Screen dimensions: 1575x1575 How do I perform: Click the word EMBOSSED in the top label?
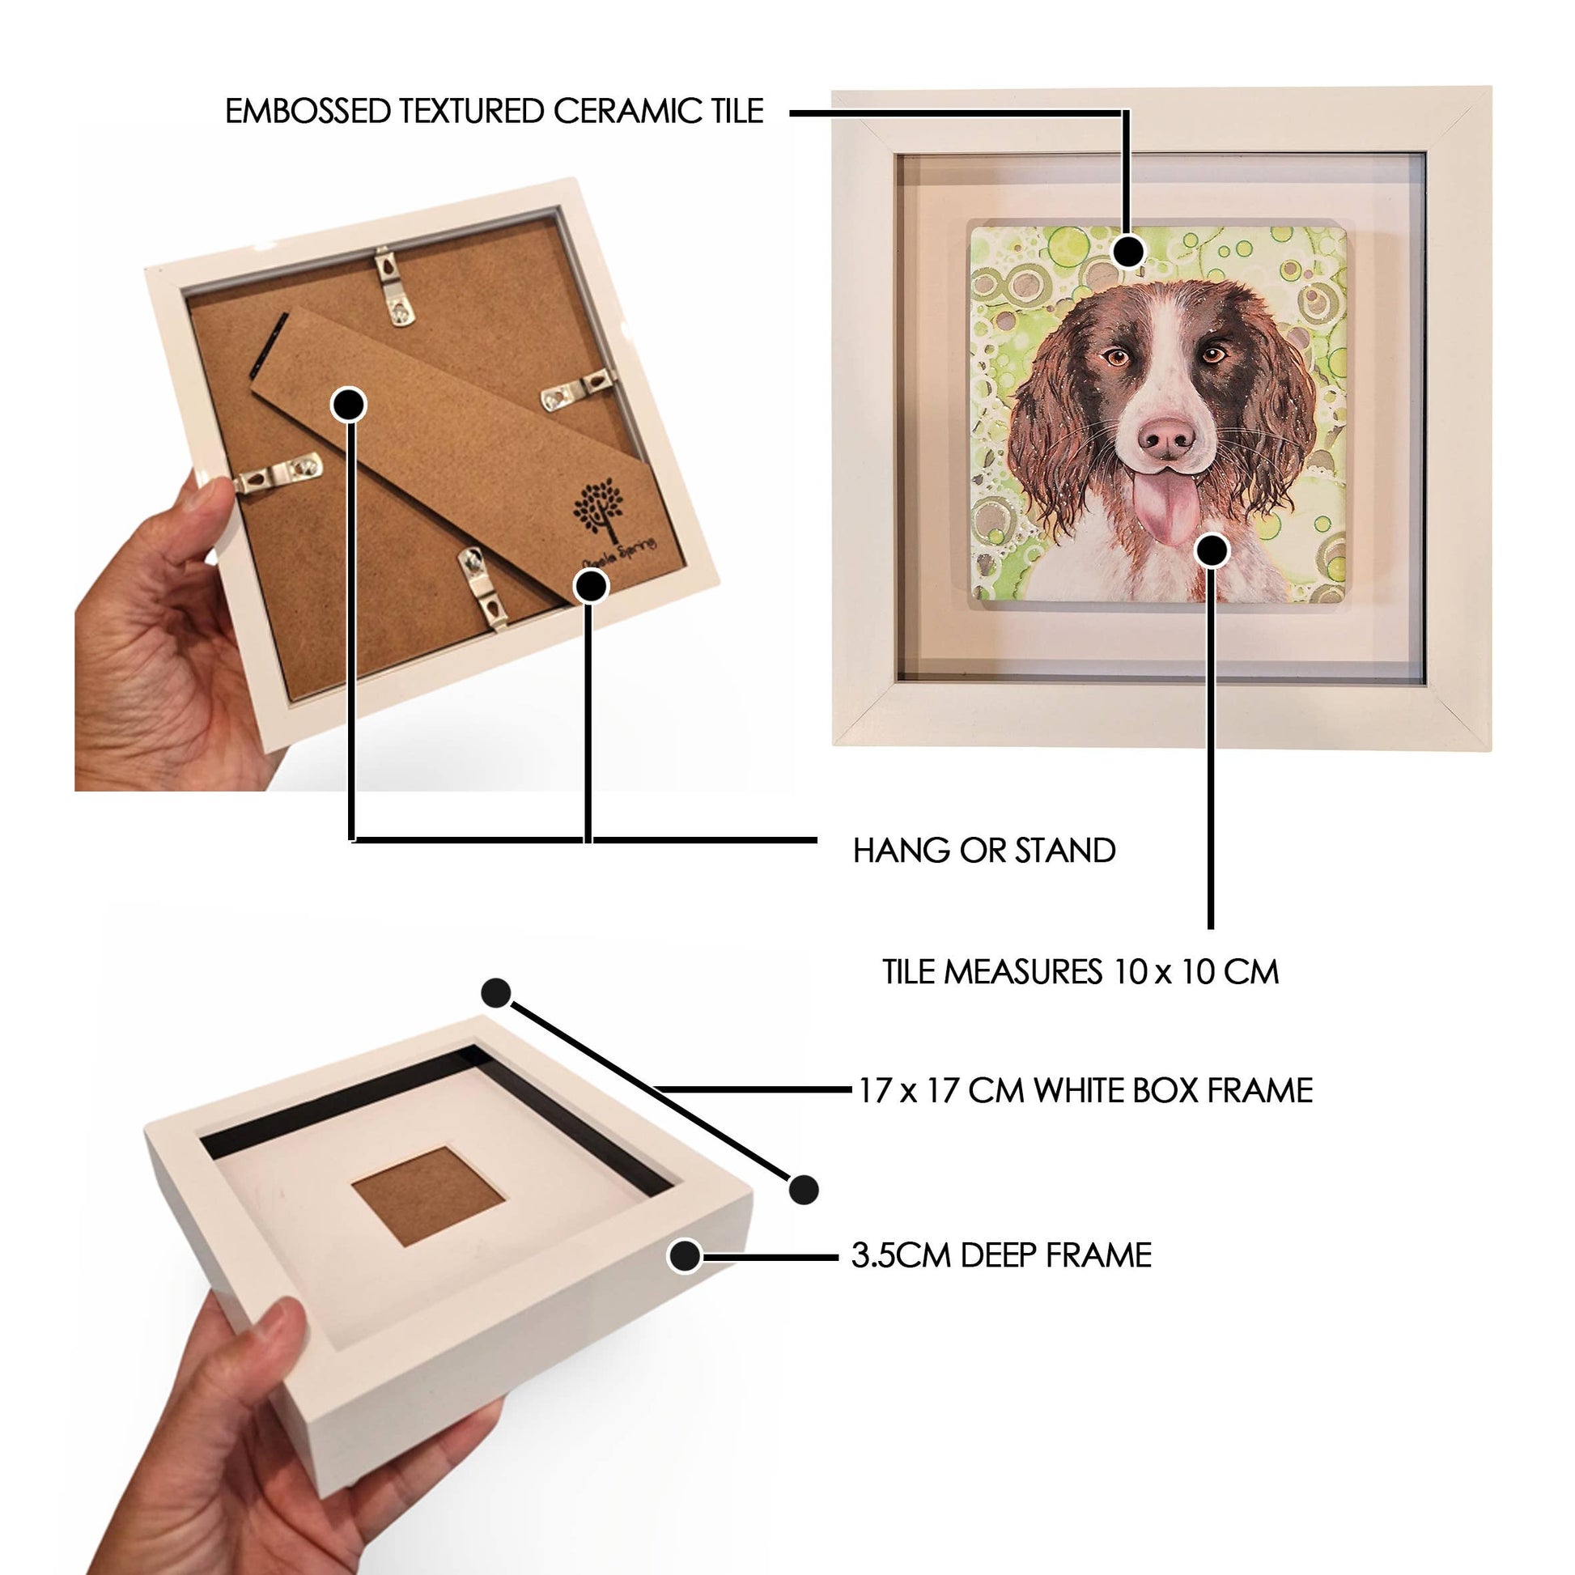pos(308,112)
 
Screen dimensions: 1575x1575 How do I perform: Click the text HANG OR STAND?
pos(984,851)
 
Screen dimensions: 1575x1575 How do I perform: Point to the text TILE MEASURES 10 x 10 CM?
pos(1080,972)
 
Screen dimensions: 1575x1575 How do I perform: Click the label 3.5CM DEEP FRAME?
pos(1001,1255)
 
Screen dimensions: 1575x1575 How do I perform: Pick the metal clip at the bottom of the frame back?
pos(482,588)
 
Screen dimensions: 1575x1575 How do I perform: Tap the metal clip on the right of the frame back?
pos(577,388)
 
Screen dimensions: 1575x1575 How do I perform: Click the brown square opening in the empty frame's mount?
pos(430,1195)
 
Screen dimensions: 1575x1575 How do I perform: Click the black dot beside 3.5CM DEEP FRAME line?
pos(686,1255)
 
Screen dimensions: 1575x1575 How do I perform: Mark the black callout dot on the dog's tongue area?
pos(1212,552)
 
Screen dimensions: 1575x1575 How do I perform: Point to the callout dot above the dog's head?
pos(1128,251)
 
